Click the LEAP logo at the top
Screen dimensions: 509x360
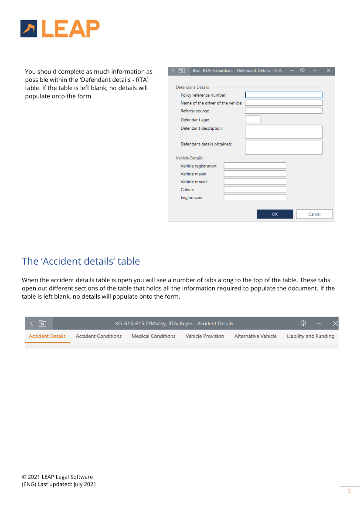point(60,28)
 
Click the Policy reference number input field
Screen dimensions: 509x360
point(283,95)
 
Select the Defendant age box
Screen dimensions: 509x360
point(252,119)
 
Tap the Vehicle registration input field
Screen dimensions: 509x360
point(255,165)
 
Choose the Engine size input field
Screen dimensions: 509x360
point(255,197)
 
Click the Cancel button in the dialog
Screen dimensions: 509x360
point(314,214)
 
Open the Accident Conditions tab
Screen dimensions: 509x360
point(98,336)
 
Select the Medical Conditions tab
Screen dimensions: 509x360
point(153,336)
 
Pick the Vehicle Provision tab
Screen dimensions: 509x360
point(205,336)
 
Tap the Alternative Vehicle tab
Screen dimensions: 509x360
point(255,336)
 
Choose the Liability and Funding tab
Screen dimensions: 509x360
point(310,336)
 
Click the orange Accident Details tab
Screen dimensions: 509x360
point(47,336)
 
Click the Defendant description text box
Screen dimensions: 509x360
point(283,132)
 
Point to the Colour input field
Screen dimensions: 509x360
point(255,189)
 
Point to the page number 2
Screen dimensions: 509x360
point(349,492)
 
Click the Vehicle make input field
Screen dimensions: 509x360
point(255,173)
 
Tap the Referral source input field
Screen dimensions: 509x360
point(283,111)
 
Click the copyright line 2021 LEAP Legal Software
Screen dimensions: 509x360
point(57,477)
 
